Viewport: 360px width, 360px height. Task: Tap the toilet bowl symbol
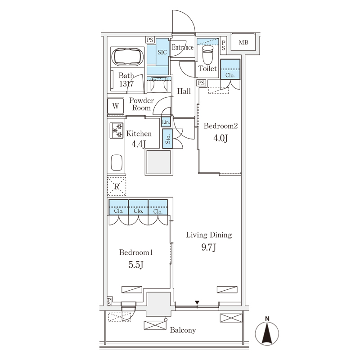click(208, 54)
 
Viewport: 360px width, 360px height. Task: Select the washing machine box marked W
click(116, 106)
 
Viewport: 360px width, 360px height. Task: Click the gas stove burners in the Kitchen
click(117, 130)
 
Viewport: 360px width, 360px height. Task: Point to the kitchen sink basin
click(117, 162)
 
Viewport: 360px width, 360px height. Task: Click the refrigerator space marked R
click(117, 186)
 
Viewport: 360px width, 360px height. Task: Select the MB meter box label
click(243, 42)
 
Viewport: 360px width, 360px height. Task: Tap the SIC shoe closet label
click(162, 52)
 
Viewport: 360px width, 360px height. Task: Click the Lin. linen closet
click(166, 122)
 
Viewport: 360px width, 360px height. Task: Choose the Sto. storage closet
click(167, 139)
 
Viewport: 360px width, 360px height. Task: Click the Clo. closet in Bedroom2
click(230, 69)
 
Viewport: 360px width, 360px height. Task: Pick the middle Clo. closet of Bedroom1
click(138, 207)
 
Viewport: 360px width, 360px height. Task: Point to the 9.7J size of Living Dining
click(209, 247)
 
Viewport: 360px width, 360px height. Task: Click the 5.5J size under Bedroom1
click(136, 265)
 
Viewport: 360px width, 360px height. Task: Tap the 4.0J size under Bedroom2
click(220, 138)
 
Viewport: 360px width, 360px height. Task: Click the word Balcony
click(183, 330)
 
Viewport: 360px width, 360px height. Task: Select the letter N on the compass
click(267, 319)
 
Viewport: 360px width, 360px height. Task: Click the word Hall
click(184, 91)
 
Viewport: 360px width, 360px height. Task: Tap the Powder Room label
click(141, 104)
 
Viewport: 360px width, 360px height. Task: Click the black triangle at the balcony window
click(197, 302)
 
